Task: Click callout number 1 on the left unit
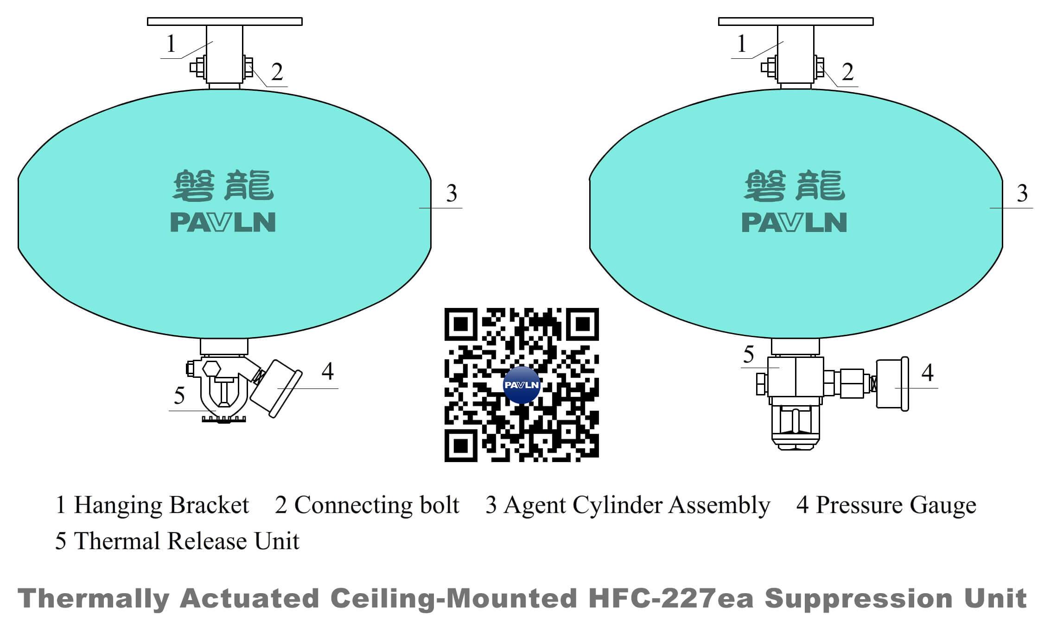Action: [171, 44]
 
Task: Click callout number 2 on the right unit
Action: [848, 72]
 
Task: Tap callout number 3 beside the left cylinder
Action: [452, 194]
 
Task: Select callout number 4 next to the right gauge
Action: [928, 373]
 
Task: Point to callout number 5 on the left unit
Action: [179, 396]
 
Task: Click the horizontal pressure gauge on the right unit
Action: [892, 384]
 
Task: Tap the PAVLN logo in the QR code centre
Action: [522, 385]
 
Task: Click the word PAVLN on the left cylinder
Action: [223, 222]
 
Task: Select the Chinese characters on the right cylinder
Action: [795, 186]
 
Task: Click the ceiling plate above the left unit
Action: [225, 21]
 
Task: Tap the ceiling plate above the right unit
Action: [796, 21]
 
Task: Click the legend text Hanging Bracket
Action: [161, 505]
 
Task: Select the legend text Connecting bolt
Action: [376, 505]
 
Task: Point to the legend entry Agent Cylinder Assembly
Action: [637, 505]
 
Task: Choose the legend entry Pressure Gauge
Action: [896, 505]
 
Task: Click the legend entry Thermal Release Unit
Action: [186, 541]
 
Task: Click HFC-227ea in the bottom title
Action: [671, 598]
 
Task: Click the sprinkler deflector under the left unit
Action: [224, 420]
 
